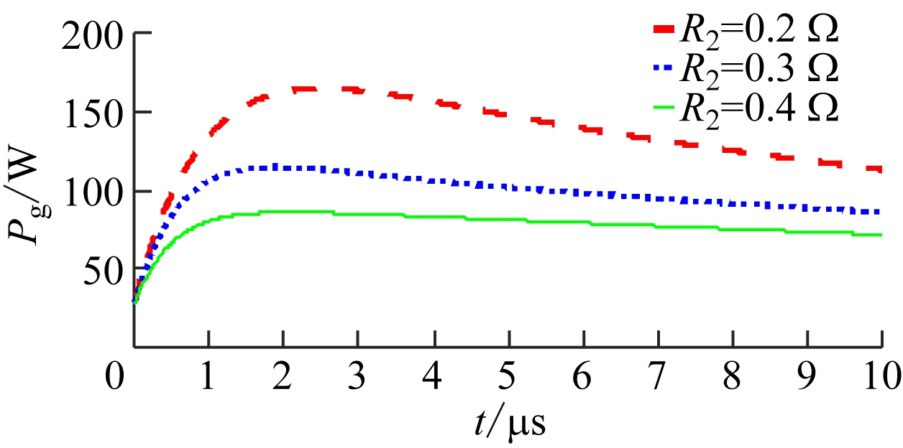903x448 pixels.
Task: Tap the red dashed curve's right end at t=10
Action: pos(879,169)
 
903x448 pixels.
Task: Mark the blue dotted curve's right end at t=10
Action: pos(879,213)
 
